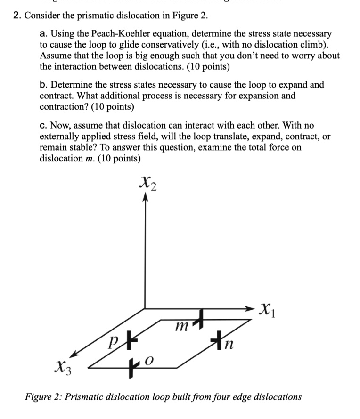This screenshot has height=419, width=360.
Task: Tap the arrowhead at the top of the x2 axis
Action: pos(145,198)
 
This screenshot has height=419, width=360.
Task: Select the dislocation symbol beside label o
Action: pos(134,363)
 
